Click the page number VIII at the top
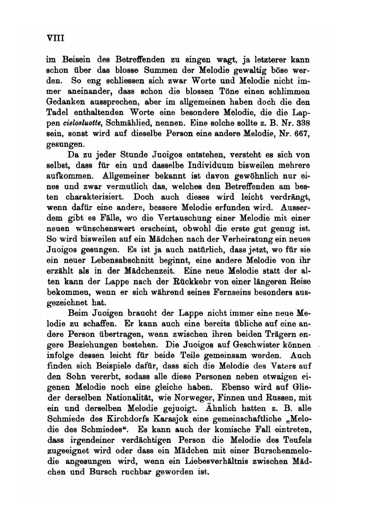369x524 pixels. tap(55, 38)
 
